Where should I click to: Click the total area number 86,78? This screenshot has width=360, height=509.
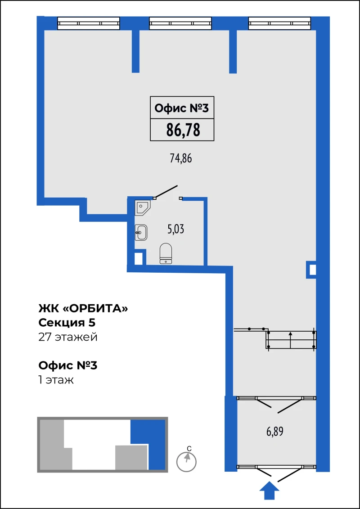[183, 131]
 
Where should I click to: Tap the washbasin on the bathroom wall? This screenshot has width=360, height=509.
[141, 232]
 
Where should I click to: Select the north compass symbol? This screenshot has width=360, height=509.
[187, 461]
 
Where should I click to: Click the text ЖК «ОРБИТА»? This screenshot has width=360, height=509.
[83, 308]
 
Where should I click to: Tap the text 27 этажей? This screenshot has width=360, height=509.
[68, 337]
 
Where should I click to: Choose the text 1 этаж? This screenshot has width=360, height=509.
[56, 380]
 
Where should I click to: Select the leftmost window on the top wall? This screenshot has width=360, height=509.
[89, 23]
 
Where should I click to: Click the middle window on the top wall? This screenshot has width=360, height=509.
[180, 23]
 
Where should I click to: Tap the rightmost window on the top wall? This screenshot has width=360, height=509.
[280, 23]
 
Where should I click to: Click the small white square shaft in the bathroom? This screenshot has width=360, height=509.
[139, 258]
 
